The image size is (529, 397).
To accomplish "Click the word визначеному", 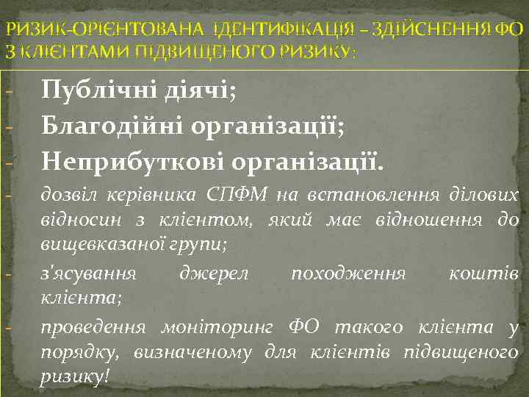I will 192,352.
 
